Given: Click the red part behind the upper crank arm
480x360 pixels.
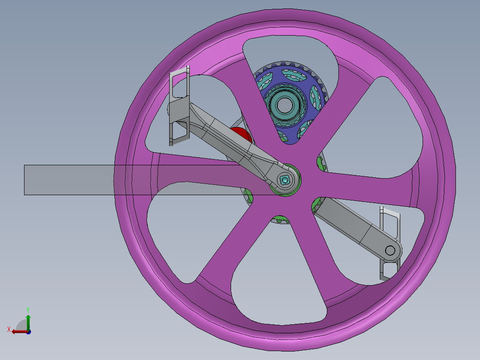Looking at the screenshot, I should coord(241,134).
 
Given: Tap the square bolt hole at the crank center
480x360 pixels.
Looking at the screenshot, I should coord(285,180).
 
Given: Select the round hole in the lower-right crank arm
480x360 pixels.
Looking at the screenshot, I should coord(390,250).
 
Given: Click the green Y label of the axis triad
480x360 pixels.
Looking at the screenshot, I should coord(28,309).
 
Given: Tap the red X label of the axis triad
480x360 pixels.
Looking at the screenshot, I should coord(8,329).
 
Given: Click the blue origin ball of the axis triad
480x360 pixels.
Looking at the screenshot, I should coord(28,331).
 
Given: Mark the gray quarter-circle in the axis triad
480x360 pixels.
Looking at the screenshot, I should coord(21,325).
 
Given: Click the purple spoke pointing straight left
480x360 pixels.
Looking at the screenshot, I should coord(191,169).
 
